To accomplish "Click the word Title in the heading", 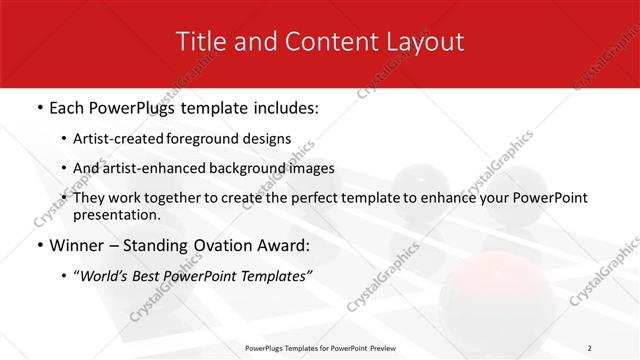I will click(199, 42).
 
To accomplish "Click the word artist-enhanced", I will click(163, 168).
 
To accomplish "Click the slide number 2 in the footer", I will click(590, 348).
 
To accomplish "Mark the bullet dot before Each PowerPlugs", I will click(39, 108).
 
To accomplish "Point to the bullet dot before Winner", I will click(39, 244).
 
